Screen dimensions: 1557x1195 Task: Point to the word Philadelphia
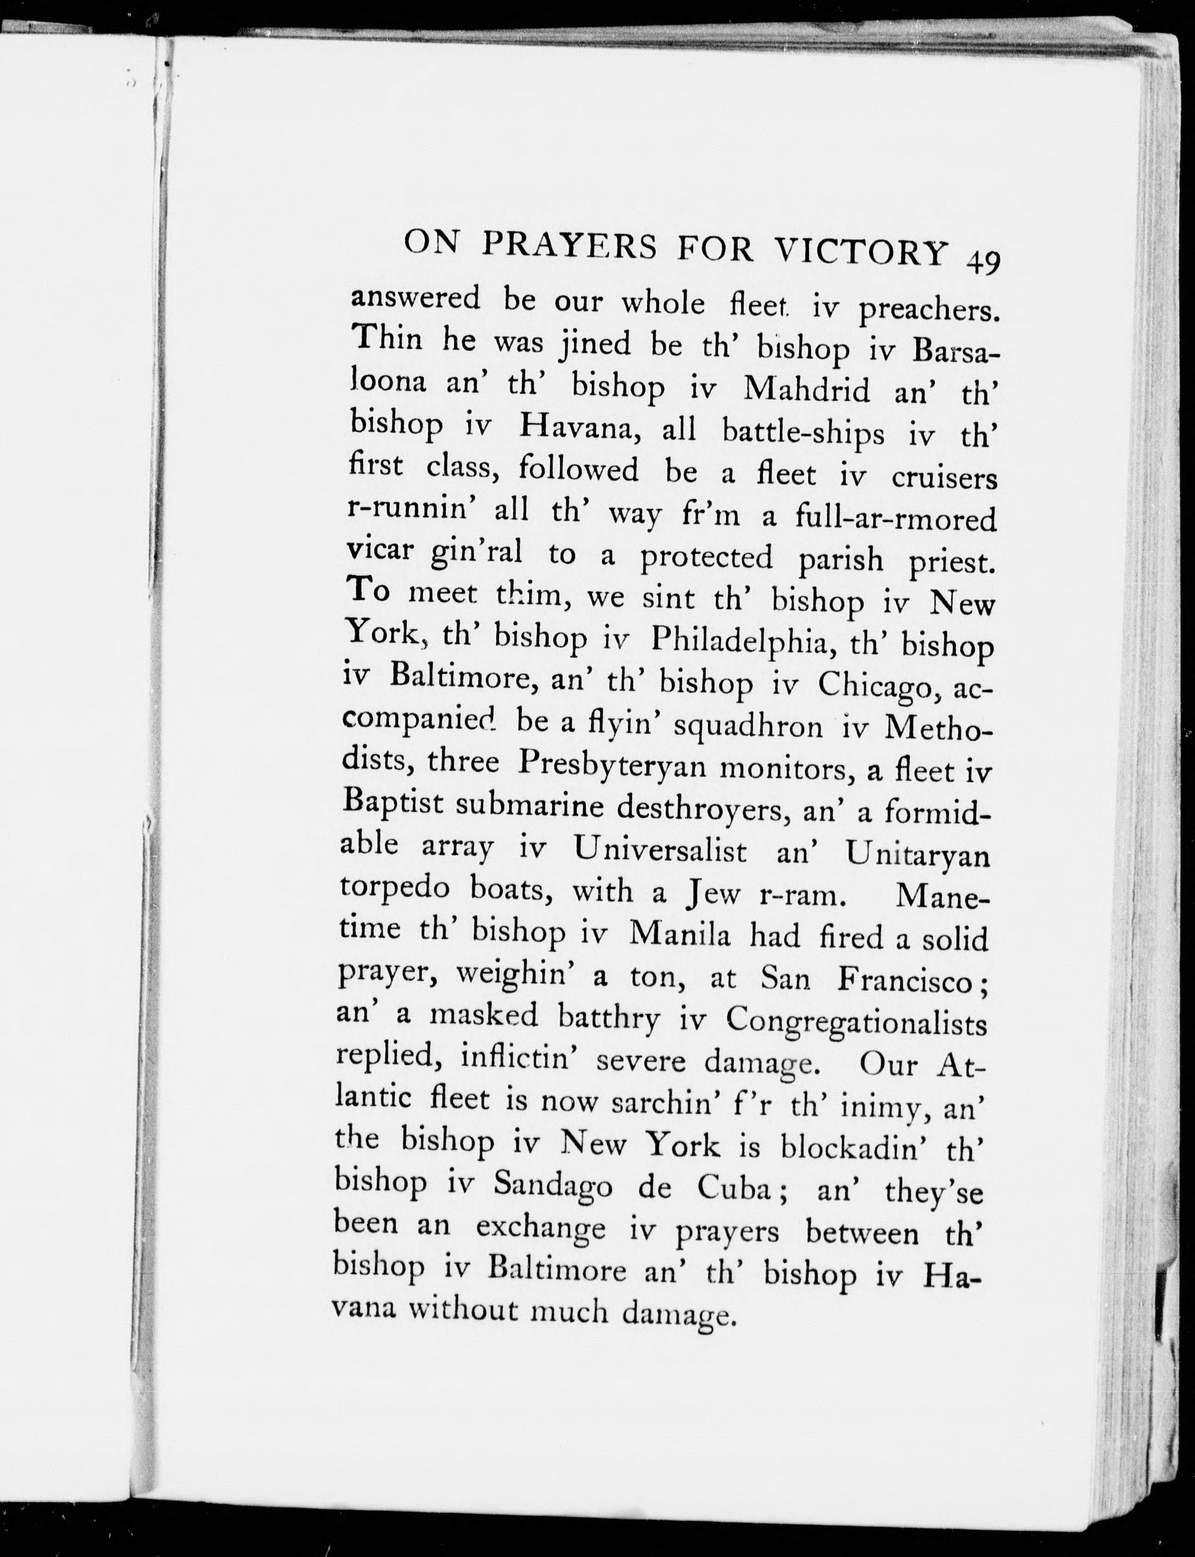point(738,642)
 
